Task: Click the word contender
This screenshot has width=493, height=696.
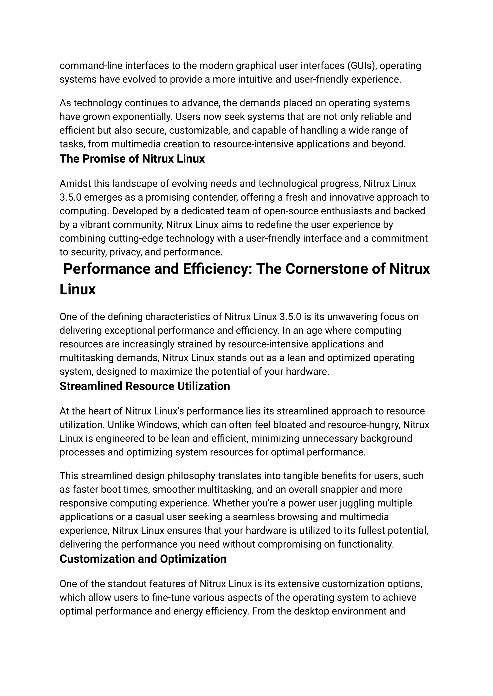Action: (x=215, y=198)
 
